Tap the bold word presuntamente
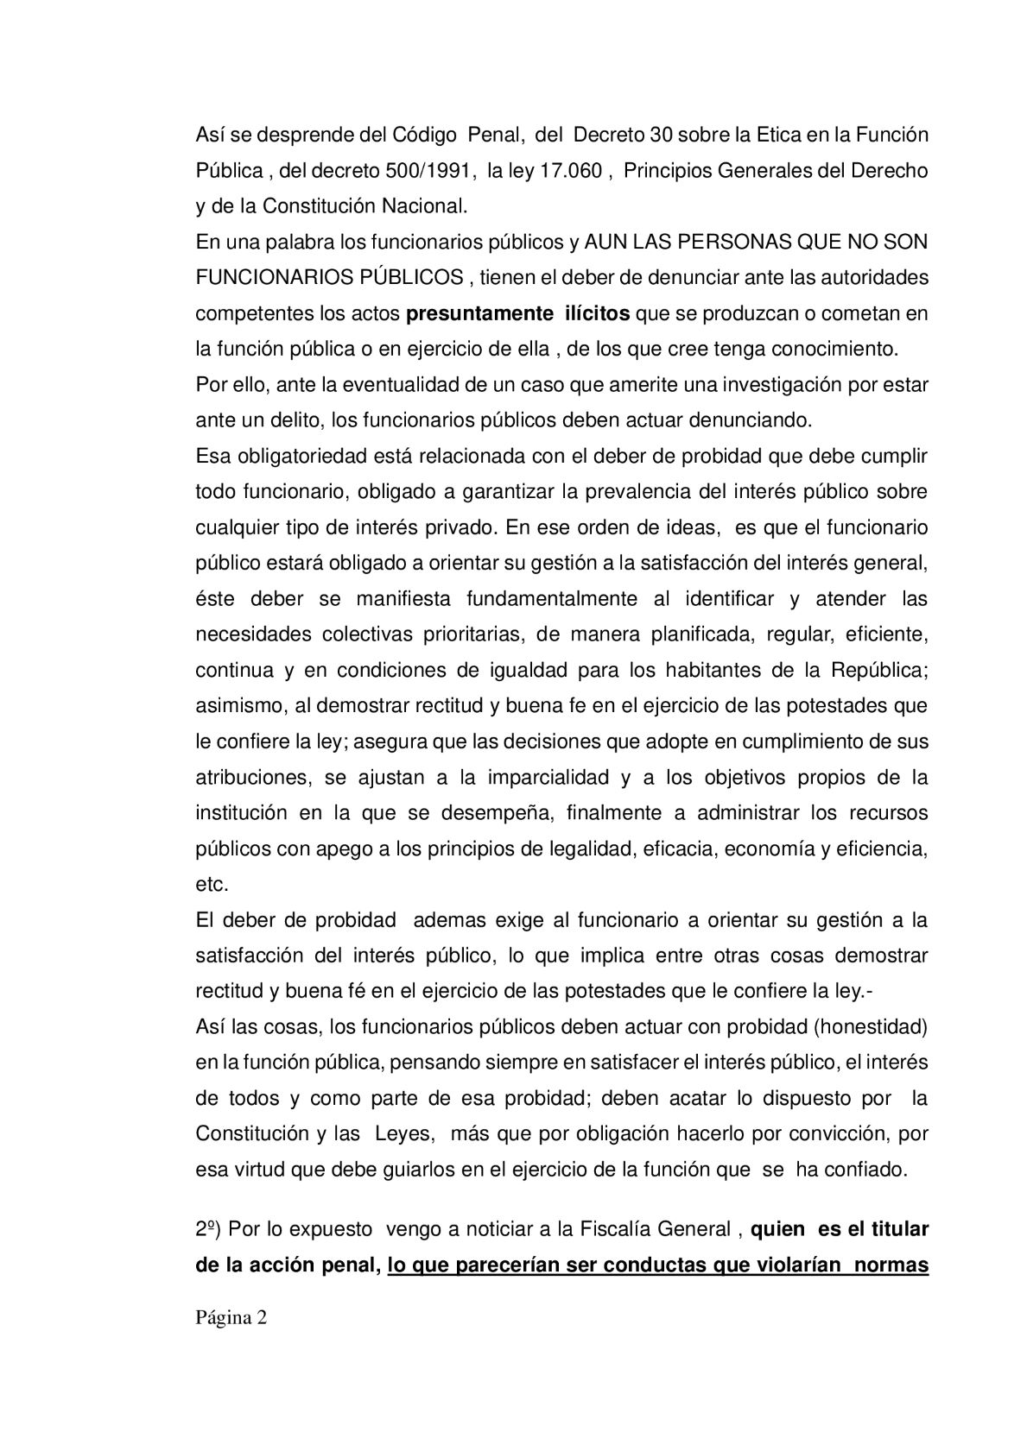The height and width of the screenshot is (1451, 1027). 474,313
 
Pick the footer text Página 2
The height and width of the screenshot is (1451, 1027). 231,1318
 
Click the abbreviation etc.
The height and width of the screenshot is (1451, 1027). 212,885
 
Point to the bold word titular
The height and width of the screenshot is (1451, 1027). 898,1230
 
